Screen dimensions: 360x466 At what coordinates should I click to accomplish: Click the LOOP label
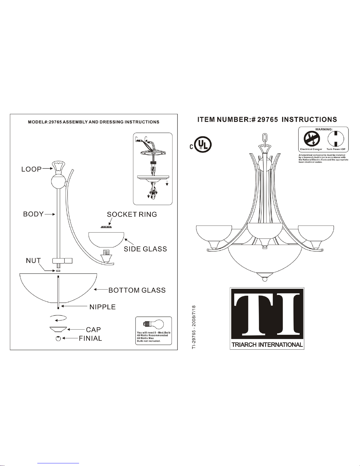tap(31, 169)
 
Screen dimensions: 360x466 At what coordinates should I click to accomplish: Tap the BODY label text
tap(34, 214)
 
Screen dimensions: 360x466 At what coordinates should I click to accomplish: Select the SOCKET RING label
tap(132, 214)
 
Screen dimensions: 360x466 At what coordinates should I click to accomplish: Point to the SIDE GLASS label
tap(145, 249)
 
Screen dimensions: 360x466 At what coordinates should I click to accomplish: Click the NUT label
tap(33, 260)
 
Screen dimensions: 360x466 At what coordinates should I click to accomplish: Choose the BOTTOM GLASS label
tap(137, 290)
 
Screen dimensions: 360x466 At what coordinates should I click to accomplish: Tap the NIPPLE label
tap(103, 307)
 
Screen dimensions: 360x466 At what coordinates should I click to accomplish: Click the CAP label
tap(93, 330)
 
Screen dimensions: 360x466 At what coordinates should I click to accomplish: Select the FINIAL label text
tap(90, 338)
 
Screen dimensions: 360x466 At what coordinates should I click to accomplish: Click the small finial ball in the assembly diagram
tap(58, 339)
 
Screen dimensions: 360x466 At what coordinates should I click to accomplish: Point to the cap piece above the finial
tap(58, 329)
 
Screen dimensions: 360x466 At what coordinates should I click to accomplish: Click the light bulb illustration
tap(153, 324)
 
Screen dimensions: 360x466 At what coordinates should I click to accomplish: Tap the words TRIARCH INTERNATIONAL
tap(267, 345)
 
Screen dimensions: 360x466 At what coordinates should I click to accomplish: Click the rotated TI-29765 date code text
tap(194, 327)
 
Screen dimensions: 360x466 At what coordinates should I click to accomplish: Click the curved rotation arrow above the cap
tap(58, 318)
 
